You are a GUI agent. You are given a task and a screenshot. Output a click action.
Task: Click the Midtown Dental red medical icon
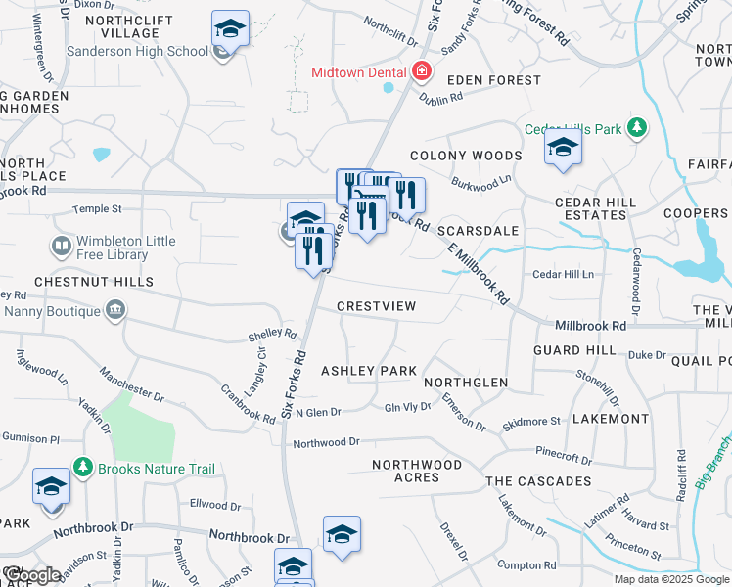tap(422, 71)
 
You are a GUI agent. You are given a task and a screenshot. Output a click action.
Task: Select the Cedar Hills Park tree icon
tap(637, 127)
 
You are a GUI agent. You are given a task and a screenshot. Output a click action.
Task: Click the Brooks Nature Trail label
tap(156, 469)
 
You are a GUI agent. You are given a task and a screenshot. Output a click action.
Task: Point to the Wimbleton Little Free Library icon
tap(61, 246)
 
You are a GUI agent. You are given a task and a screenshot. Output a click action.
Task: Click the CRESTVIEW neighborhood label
tap(377, 306)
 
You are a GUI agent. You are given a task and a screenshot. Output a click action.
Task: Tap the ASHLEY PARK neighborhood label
tap(369, 371)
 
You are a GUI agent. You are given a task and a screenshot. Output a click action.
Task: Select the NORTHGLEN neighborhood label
tap(466, 383)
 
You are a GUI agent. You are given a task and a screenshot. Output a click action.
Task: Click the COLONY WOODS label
tap(466, 156)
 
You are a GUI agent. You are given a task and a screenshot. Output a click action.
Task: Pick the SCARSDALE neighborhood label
tap(478, 231)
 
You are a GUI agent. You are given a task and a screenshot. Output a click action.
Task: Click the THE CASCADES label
tap(538, 481)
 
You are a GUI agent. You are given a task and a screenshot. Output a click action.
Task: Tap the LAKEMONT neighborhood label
tap(610, 419)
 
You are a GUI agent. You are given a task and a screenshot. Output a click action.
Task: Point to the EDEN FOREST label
tap(493, 80)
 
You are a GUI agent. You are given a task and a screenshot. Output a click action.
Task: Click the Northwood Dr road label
tap(327, 443)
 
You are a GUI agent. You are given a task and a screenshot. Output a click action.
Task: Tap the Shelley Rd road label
tap(272, 336)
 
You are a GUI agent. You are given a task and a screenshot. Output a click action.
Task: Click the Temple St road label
tap(97, 208)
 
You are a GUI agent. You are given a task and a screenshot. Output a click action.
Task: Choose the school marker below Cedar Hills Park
tap(563, 148)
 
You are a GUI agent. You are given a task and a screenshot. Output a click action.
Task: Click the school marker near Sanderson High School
tap(230, 28)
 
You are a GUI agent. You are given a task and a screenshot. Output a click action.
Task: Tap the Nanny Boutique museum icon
tap(115, 311)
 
